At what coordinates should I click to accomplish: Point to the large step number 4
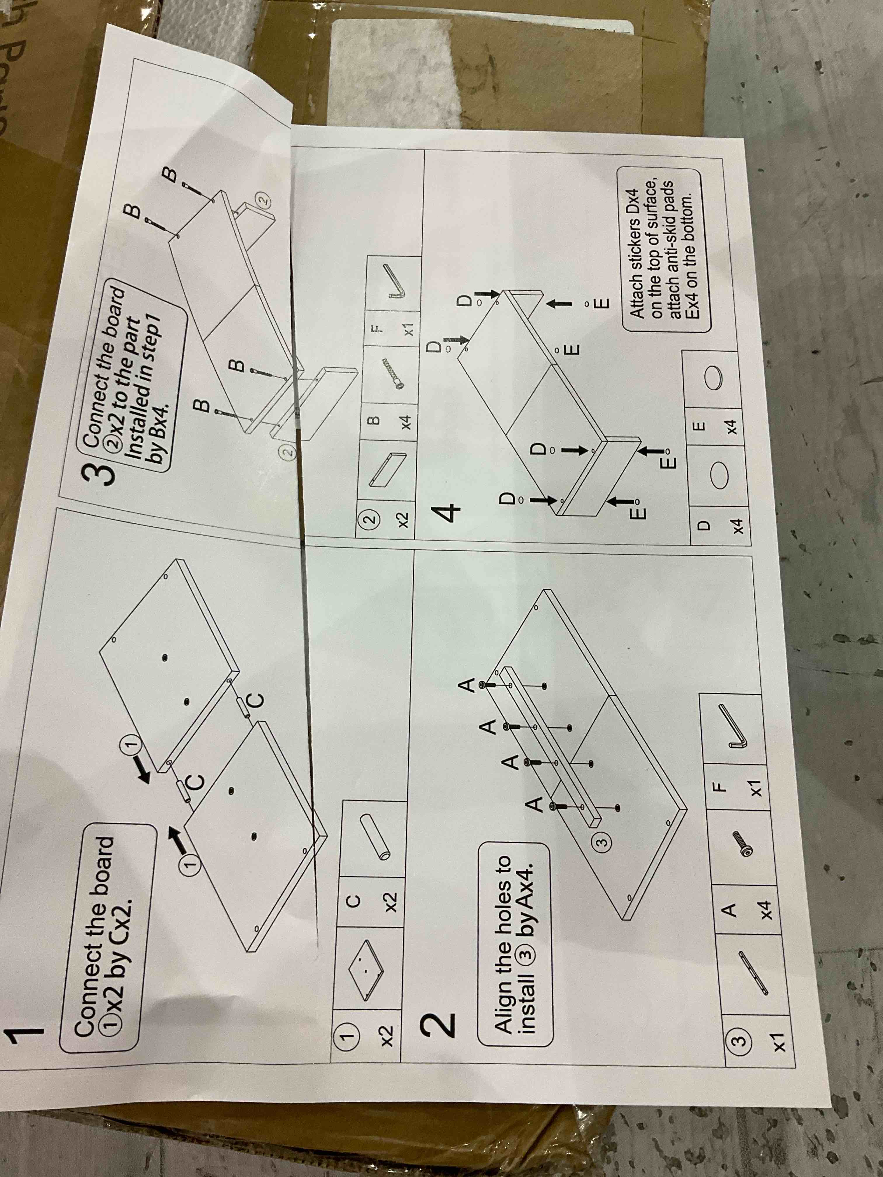448,515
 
